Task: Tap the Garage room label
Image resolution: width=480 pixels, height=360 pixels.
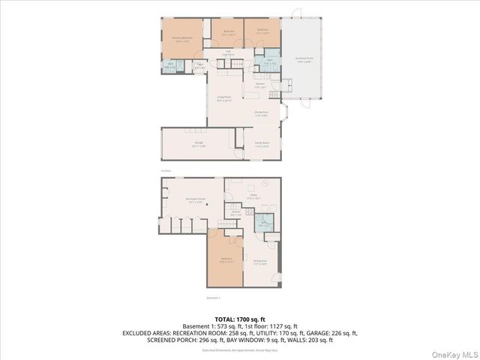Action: (x=199, y=145)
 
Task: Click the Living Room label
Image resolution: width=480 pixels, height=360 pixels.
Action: (x=224, y=98)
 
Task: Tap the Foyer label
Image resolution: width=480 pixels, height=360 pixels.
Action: (x=199, y=66)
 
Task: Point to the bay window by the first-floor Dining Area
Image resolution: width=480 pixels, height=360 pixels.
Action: (x=283, y=115)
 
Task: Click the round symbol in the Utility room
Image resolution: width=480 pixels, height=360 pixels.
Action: (x=263, y=185)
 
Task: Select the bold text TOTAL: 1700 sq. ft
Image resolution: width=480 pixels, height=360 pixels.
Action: (x=239, y=318)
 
